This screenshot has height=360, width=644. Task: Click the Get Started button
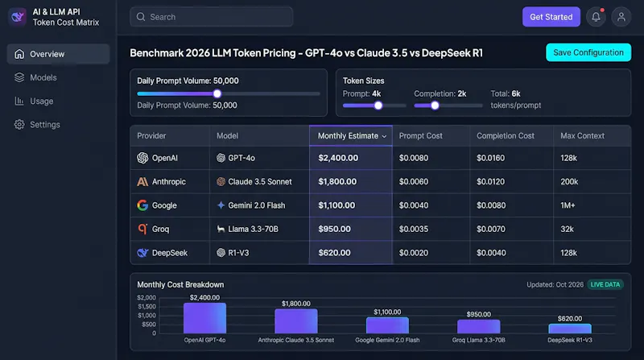click(551, 17)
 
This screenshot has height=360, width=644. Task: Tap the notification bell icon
click(596, 17)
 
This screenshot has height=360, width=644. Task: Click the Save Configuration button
click(588, 52)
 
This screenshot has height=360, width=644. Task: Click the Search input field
click(211, 17)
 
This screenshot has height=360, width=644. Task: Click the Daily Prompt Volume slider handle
click(217, 93)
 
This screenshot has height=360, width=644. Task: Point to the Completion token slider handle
click(435, 106)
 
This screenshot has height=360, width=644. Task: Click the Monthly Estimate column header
click(351, 135)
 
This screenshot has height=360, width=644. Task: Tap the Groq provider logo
click(142, 229)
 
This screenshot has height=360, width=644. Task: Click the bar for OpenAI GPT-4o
click(204, 318)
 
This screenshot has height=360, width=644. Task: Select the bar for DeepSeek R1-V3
click(570, 329)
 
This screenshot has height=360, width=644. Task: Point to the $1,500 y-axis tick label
click(147, 307)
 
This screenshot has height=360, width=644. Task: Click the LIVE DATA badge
click(605, 284)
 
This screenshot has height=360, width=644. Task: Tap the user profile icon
click(621, 17)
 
